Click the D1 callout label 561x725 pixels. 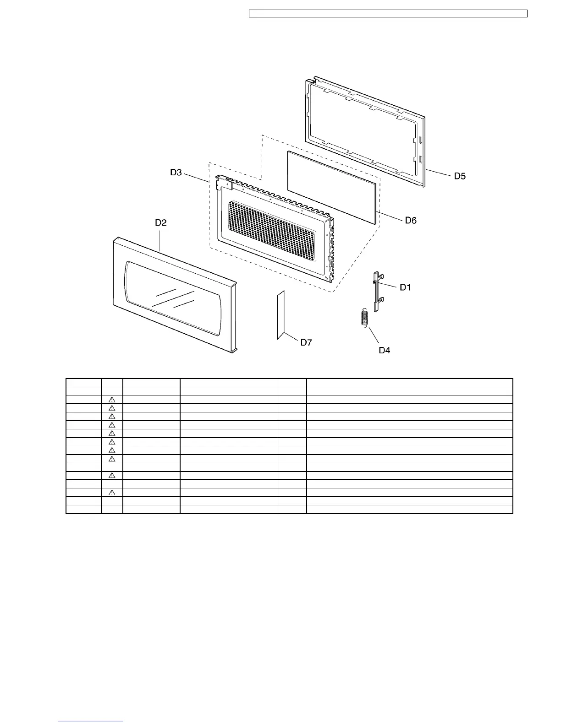click(405, 287)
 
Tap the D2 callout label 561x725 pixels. click(160, 223)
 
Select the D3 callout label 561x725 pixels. click(176, 173)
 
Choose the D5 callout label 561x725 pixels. click(460, 176)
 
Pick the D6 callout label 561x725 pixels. click(411, 221)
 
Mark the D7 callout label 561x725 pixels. click(306, 342)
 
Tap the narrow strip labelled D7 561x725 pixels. click(281, 315)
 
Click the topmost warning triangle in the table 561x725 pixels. click(111, 400)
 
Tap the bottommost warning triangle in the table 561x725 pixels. click(111, 493)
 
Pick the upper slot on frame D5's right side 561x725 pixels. click(420, 139)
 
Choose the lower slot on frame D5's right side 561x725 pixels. click(420, 159)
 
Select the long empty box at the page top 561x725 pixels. click(388, 14)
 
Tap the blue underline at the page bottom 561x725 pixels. click(91, 721)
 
